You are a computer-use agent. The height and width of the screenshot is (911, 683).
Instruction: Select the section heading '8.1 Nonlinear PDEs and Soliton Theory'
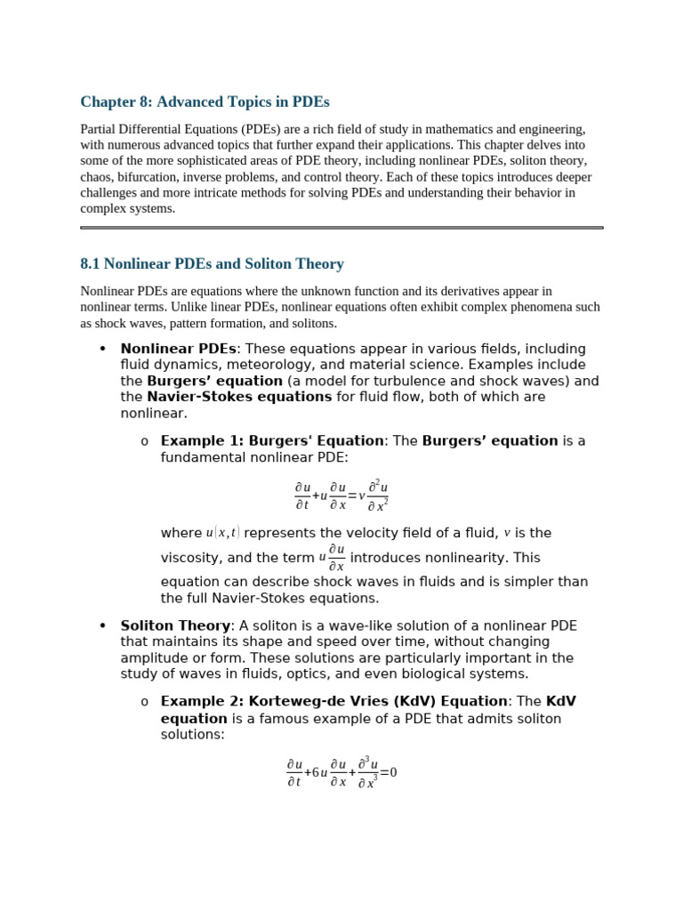coord(212,264)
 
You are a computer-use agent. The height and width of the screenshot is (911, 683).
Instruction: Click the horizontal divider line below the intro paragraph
coord(341,228)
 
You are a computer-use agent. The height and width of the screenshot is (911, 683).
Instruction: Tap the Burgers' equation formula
coord(341,496)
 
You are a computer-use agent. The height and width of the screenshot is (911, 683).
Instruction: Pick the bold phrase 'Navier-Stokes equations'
coord(239,397)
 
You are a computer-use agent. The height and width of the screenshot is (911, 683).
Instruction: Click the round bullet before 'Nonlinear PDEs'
coord(103,349)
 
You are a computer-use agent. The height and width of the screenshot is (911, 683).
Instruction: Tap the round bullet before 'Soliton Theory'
coord(103,626)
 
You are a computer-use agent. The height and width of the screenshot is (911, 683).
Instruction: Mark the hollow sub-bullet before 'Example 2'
coord(144,703)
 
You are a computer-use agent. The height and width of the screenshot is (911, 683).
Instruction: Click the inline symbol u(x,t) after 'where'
coord(222,533)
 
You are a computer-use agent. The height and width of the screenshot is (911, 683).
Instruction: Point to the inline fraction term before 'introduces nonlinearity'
coord(333,558)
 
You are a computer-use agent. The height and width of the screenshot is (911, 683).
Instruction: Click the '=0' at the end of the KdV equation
coord(389,772)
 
